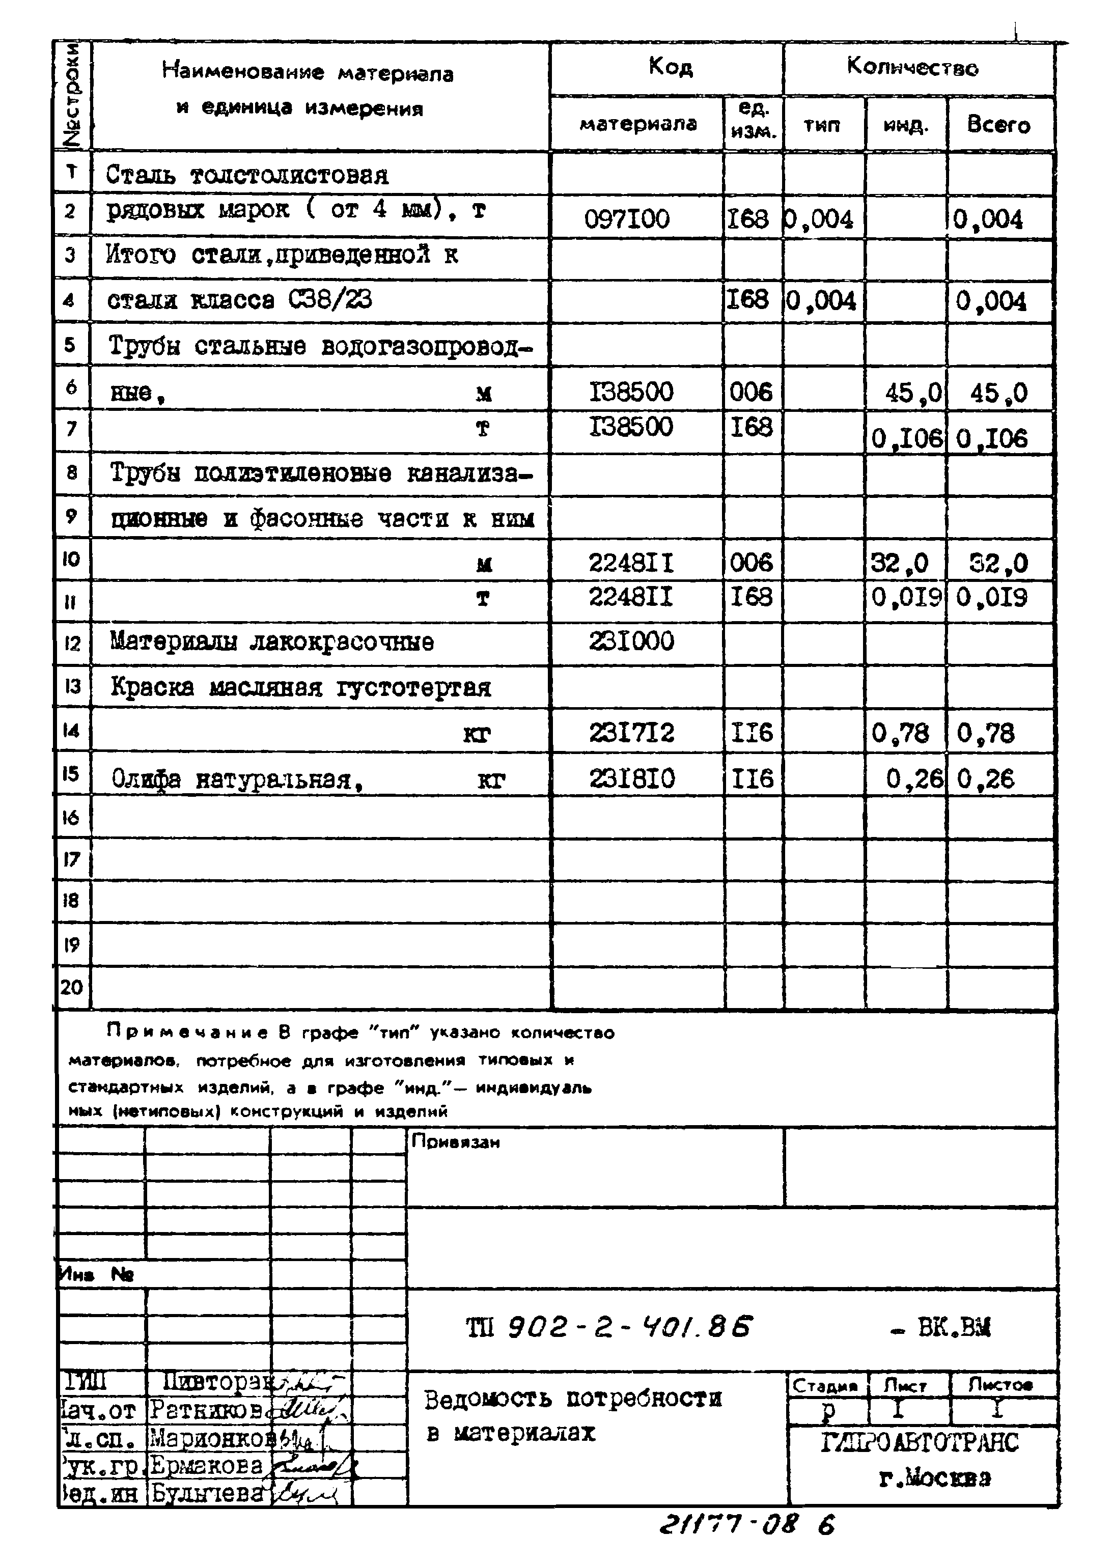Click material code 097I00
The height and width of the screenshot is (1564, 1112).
click(x=627, y=220)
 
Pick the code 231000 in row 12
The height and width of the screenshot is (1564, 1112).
click(x=631, y=641)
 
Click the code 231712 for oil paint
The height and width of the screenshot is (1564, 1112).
click(x=631, y=733)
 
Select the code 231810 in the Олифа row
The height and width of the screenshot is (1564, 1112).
click(x=631, y=779)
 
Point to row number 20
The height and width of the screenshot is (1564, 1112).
click(x=71, y=987)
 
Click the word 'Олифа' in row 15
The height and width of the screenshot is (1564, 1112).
click(x=146, y=779)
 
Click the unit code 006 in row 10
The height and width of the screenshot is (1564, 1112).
click(x=751, y=563)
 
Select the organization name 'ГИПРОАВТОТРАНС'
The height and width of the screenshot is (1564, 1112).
click(x=919, y=1443)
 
